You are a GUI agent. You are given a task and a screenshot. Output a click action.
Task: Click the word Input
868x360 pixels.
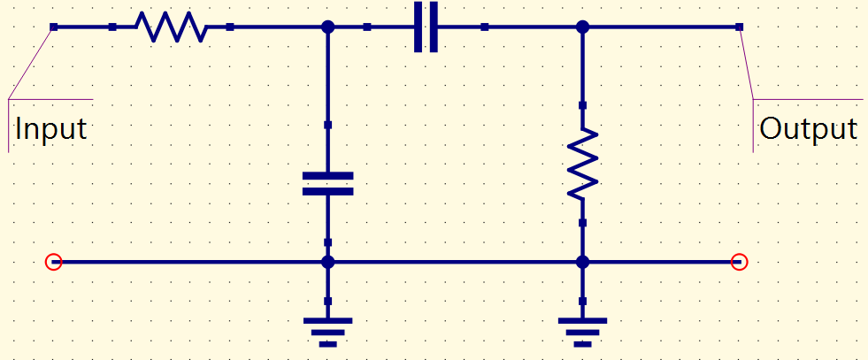click(51, 129)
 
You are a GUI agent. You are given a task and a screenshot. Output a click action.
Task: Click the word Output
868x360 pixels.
click(808, 129)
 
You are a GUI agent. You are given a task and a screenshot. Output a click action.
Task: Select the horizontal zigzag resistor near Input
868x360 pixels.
click(172, 27)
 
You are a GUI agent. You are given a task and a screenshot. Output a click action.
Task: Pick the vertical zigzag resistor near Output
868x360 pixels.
click(582, 164)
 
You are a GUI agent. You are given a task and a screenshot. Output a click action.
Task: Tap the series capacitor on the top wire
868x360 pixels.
click(426, 27)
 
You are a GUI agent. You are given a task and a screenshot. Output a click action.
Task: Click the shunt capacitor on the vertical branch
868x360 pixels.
click(327, 184)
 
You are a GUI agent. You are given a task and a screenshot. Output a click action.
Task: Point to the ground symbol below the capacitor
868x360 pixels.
click(327, 332)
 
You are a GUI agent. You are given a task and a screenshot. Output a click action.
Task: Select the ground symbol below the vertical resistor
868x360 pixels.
click(582, 332)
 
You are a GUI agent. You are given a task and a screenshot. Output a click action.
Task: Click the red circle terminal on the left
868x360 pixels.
click(53, 262)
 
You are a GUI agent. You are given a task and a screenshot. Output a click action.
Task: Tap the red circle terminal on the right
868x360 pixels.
click(739, 262)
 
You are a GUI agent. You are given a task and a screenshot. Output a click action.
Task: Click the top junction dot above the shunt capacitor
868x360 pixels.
click(327, 27)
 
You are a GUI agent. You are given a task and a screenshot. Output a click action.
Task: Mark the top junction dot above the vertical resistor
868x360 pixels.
click(582, 27)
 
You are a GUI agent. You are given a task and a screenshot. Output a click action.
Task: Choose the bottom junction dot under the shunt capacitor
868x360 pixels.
click(327, 262)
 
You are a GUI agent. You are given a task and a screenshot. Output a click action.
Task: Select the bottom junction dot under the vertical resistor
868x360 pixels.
click(582, 262)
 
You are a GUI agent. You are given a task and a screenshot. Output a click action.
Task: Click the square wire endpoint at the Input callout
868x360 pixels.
click(53, 27)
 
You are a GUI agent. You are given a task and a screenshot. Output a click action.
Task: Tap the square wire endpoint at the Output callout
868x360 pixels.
click(739, 27)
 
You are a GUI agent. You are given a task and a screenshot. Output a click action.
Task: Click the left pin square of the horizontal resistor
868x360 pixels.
click(112, 27)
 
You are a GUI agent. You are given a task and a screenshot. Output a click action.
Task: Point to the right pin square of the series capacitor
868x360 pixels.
click(484, 27)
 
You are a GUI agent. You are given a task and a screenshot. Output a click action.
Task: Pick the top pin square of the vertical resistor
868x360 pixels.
click(582, 105)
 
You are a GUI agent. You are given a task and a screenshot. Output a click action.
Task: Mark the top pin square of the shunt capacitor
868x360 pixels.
click(327, 125)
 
